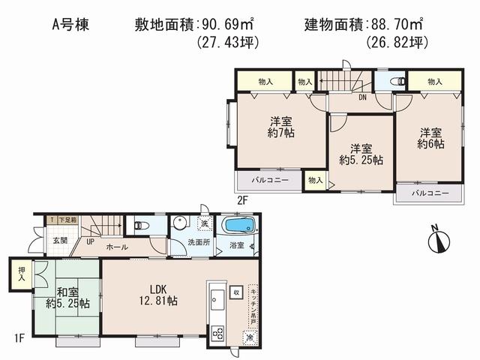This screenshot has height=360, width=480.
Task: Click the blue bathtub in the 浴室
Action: click(238, 225)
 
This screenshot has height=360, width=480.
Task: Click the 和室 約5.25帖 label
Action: click(68, 298)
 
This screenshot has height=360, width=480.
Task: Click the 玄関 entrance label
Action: click(60, 240)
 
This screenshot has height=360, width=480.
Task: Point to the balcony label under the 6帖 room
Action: click(431, 193)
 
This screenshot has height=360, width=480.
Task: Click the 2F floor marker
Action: click(242, 200)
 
